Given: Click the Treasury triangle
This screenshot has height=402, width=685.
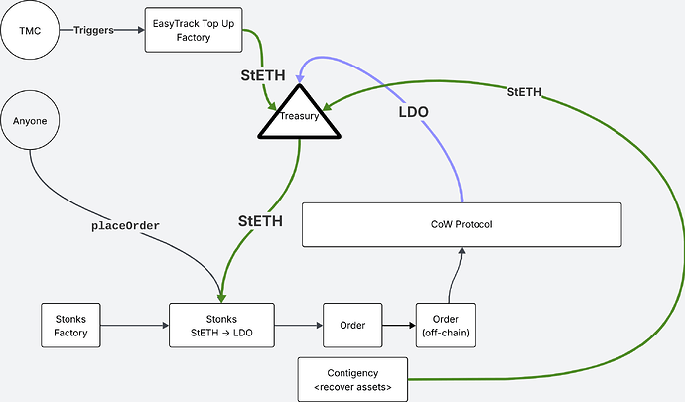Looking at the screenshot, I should pyautogui.click(x=299, y=117).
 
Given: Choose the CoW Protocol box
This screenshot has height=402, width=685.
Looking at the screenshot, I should pyautogui.click(x=461, y=224).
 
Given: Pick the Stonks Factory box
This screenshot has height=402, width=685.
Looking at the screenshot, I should pyautogui.click(x=71, y=325).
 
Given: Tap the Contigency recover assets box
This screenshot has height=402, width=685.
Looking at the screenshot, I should pyautogui.click(x=353, y=378).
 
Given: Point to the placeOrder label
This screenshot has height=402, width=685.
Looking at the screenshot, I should pyautogui.click(x=126, y=225).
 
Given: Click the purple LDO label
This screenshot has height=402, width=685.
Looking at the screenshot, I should pyautogui.click(x=412, y=113).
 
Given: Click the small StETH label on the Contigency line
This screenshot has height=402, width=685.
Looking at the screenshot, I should pyautogui.click(x=524, y=91).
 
